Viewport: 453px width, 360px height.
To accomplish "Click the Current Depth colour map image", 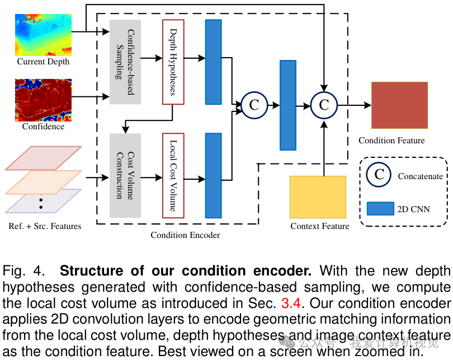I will click(44, 34).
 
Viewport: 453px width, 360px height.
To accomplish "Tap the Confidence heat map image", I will click(44, 100).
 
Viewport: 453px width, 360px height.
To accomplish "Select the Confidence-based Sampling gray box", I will click(125, 62).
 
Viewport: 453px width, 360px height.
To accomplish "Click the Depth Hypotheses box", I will click(173, 62).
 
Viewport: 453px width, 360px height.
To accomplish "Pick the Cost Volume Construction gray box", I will click(125, 175).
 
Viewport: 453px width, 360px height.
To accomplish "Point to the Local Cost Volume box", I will click(173, 175).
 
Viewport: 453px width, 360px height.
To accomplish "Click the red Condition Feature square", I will click(399, 105).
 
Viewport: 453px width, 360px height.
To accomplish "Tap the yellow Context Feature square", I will click(318, 197).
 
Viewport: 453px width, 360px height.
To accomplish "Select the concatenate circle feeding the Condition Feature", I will click(324, 105).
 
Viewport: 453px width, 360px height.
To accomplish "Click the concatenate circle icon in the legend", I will click(379, 175).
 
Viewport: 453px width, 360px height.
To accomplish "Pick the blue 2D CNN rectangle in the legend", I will click(380, 209).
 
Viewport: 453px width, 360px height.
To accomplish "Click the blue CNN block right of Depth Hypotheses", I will click(214, 62).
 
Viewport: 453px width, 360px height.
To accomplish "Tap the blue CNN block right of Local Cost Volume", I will click(214, 175).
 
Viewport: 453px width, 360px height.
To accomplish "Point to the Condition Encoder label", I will click(185, 235).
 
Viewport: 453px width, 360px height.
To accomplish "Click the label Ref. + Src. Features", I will click(45, 226).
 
